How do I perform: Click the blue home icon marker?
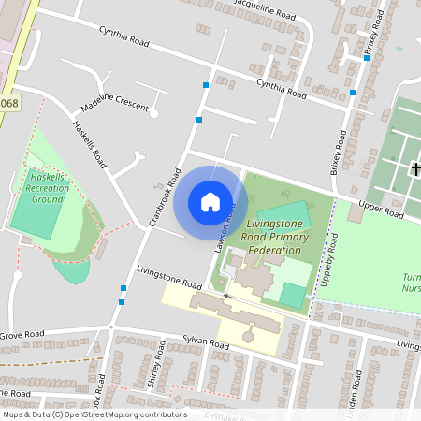210,202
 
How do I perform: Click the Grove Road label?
22,334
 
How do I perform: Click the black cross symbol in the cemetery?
415,168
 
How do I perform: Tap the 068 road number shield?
8,104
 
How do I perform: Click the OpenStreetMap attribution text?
94,414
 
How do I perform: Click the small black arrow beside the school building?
225,296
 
